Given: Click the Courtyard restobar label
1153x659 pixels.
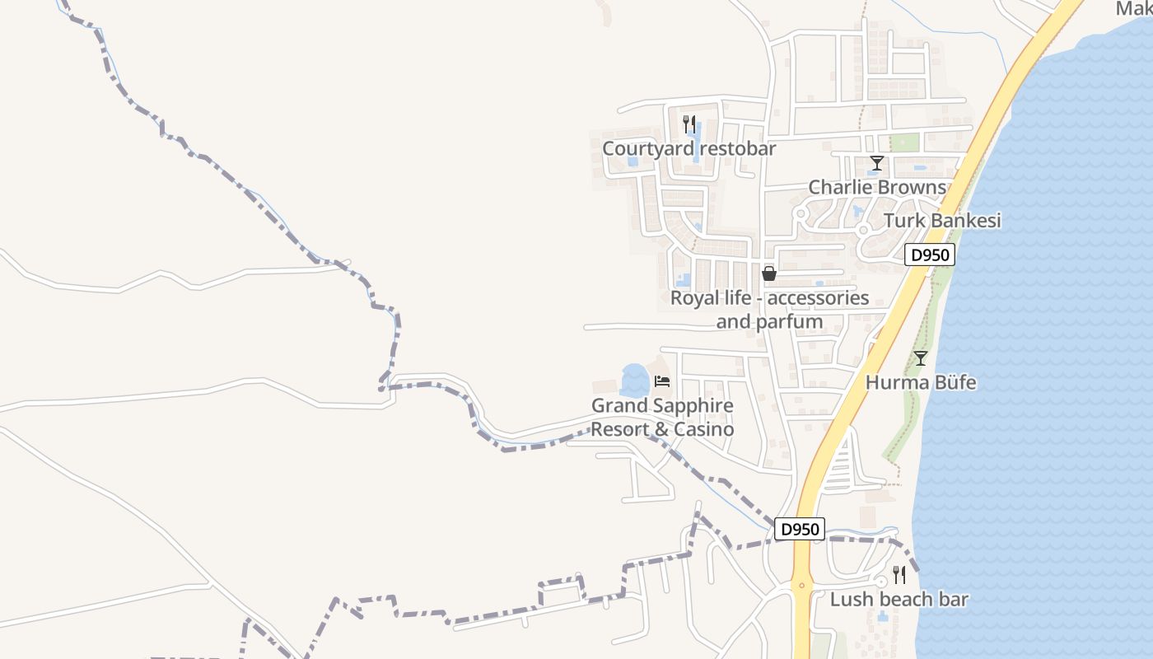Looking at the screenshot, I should [x=689, y=149].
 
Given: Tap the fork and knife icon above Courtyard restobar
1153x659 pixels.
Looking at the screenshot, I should [x=689, y=124].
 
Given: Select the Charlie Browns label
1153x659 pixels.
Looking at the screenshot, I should [x=877, y=187].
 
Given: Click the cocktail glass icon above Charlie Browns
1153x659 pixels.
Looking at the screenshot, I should [x=877, y=163].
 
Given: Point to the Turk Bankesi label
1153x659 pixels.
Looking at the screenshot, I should [x=942, y=221].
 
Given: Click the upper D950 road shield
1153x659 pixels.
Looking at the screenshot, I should [x=931, y=255].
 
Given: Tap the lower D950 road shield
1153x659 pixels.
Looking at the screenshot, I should [x=799, y=530].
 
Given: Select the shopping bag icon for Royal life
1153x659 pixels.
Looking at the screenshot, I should [x=769, y=273].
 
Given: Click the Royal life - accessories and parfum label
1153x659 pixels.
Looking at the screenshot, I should [x=769, y=309].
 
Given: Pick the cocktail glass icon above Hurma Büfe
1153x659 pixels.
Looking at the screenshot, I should [x=921, y=358].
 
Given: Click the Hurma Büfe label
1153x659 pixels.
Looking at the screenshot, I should [x=921, y=383].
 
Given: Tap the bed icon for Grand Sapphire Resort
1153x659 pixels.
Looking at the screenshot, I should [x=662, y=381].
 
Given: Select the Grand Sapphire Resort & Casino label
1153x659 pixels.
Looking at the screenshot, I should [x=662, y=418].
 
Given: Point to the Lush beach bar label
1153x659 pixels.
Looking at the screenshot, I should [x=899, y=600].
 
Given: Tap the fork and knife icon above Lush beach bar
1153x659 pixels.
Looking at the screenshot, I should [x=899, y=574].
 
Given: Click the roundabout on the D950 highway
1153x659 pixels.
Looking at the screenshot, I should [x=801, y=586].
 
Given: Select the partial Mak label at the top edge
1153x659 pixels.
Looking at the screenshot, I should [x=1134, y=8].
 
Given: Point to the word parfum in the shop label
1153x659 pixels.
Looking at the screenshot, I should [x=789, y=321].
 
